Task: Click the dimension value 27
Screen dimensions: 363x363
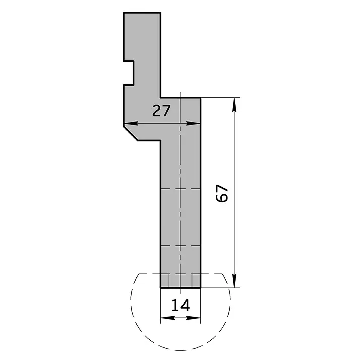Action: click(161, 111)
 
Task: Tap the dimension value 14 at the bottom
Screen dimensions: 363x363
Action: click(180, 305)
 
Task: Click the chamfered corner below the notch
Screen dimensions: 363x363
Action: click(130, 133)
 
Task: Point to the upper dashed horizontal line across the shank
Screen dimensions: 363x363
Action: click(180, 189)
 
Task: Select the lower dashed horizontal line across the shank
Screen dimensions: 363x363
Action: click(180, 246)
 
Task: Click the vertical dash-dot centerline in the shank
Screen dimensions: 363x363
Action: click(180, 217)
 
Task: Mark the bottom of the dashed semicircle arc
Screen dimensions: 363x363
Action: click(180, 350)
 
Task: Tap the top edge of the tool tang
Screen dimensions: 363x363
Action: click(142, 12)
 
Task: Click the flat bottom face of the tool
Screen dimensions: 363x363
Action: click(180, 288)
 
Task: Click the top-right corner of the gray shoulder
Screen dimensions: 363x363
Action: click(201, 98)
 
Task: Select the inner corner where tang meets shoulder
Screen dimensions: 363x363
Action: click(161, 98)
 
